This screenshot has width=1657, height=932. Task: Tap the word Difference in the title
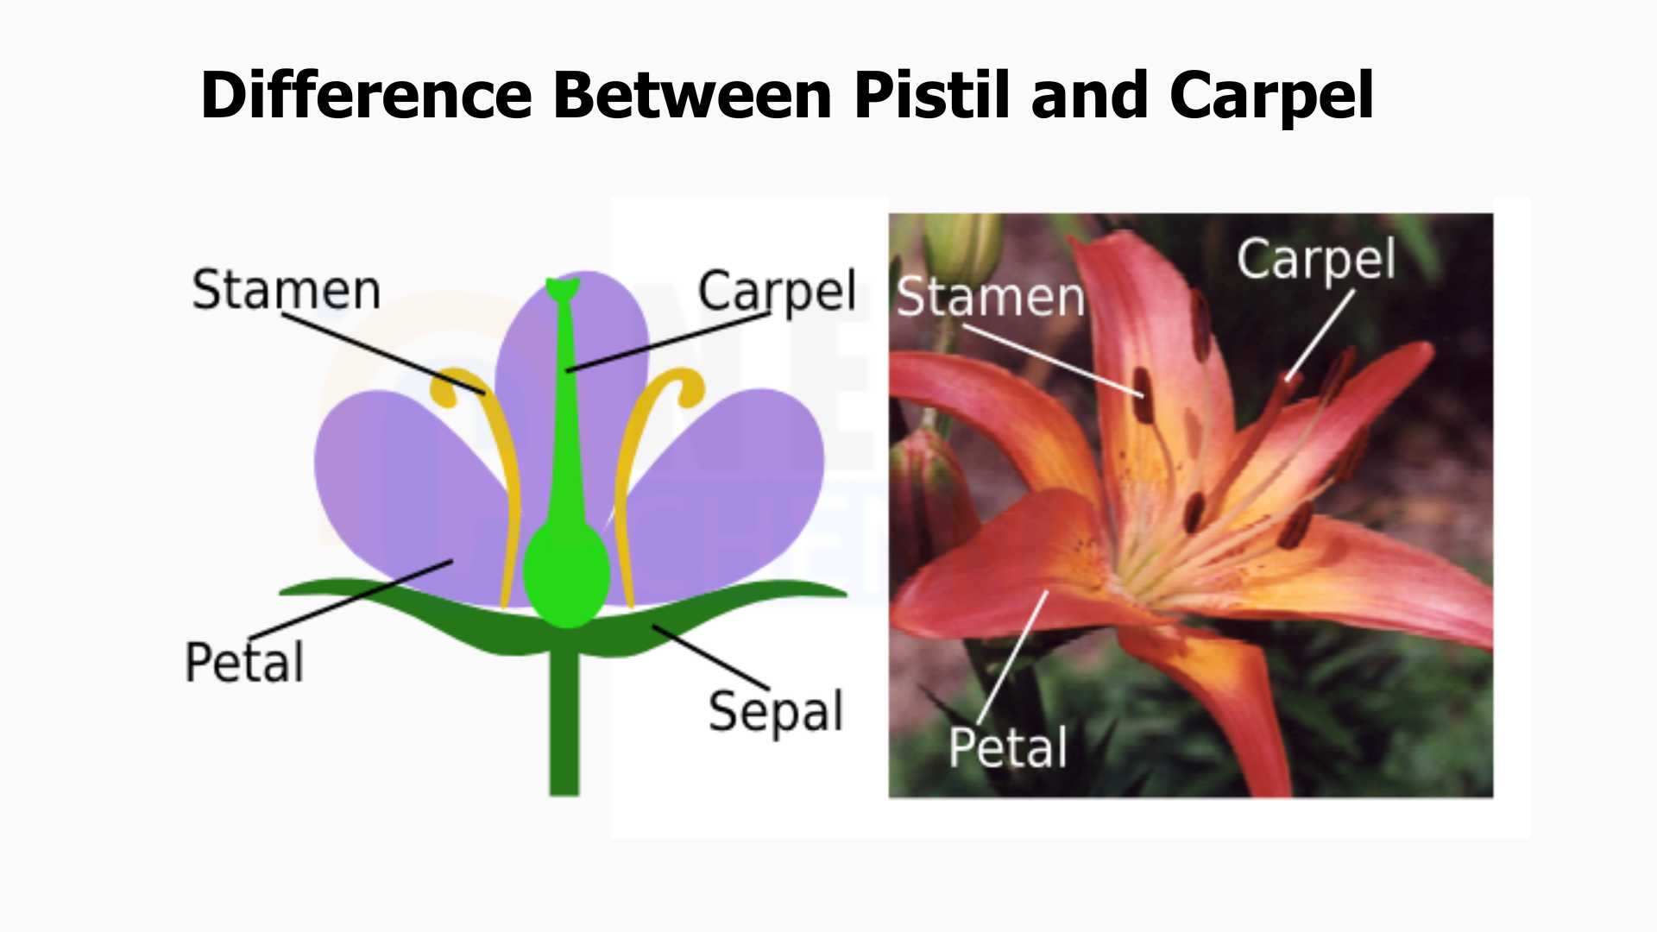click(x=366, y=95)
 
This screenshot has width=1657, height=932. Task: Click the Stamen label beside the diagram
click(x=286, y=290)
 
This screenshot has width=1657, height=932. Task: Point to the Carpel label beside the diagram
click(x=777, y=292)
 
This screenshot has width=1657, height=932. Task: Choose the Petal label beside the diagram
click(x=244, y=663)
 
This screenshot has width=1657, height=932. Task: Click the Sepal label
click(x=775, y=713)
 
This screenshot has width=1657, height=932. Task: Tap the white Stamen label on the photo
click(x=991, y=298)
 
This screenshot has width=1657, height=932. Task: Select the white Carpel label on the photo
click(x=1316, y=259)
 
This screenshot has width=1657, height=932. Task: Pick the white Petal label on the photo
click(x=1008, y=747)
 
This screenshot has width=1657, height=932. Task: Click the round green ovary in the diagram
click(x=566, y=573)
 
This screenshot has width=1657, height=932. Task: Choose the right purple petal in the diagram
click(x=725, y=492)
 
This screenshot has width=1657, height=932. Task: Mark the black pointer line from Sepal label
click(x=711, y=658)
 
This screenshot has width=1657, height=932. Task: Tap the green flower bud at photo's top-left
click(x=962, y=250)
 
